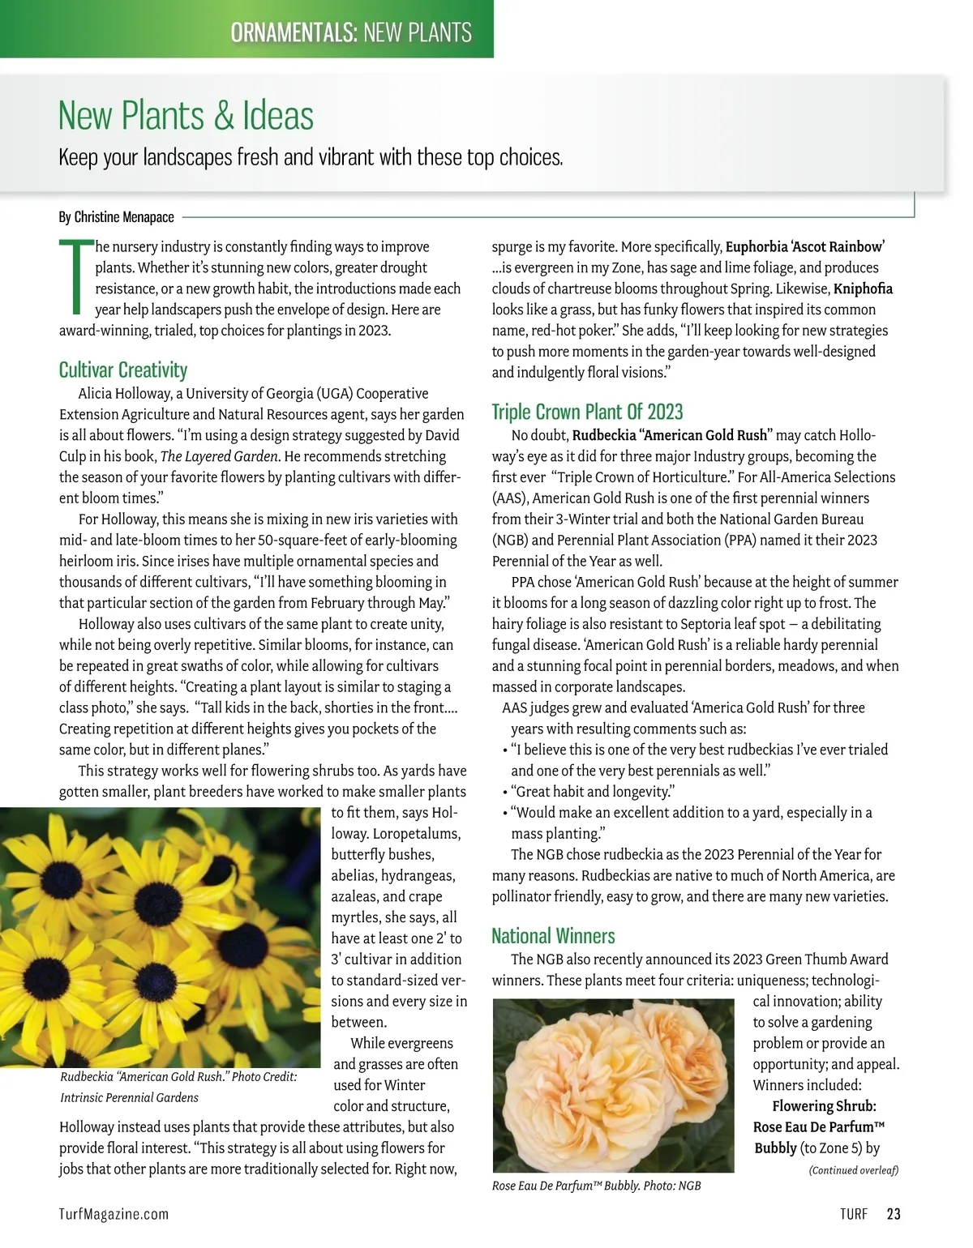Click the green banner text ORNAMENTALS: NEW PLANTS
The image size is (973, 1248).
point(350,32)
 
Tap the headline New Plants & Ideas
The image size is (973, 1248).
point(186,115)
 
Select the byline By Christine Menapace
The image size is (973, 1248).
point(117,217)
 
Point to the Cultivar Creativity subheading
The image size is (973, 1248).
point(123,370)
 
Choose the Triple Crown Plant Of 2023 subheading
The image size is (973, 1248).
point(587,412)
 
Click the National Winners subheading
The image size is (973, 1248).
point(553,936)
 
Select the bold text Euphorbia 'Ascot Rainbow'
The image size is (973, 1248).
point(804,246)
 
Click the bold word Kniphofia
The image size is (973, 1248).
point(863,288)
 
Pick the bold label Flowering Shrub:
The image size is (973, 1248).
point(824,1106)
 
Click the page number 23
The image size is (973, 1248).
point(894,1214)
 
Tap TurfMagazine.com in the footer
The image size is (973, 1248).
point(114,1214)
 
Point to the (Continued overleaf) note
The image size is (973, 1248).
point(853,1170)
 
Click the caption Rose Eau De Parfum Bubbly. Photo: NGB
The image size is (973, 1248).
point(596,1186)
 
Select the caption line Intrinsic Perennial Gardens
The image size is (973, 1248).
point(130,1097)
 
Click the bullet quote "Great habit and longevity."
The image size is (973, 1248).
point(593,792)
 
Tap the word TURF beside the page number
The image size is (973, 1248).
point(853,1214)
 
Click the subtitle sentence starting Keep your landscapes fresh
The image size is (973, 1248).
point(311,156)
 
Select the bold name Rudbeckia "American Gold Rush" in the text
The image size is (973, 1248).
point(672,435)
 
